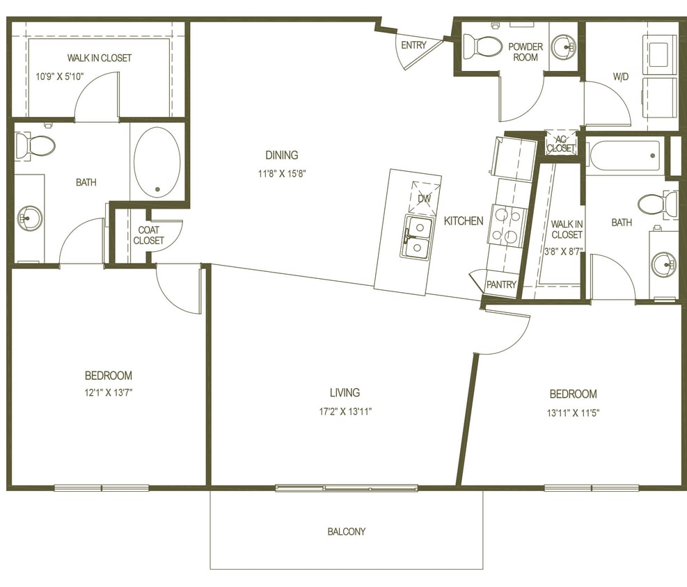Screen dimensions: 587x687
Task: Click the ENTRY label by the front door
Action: click(x=413, y=45)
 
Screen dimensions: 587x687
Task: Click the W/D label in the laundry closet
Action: click(x=620, y=77)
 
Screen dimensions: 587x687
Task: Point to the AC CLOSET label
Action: click(x=561, y=144)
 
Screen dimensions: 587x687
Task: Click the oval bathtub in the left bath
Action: click(x=157, y=162)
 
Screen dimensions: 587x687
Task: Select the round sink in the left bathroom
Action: click(x=30, y=218)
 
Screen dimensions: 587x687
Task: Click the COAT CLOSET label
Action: click(x=149, y=235)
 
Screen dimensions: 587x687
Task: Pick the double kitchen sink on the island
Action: click(x=417, y=237)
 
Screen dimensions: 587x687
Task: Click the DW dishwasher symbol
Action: click(x=424, y=198)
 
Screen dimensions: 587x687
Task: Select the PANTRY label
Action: click(x=501, y=284)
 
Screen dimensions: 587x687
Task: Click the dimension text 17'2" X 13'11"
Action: click(x=345, y=411)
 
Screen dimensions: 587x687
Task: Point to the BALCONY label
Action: click(x=346, y=531)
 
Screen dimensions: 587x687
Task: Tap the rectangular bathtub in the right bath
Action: click(x=624, y=154)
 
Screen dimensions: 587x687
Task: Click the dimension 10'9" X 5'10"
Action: click(x=60, y=76)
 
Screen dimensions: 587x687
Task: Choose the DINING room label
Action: click(x=281, y=155)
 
